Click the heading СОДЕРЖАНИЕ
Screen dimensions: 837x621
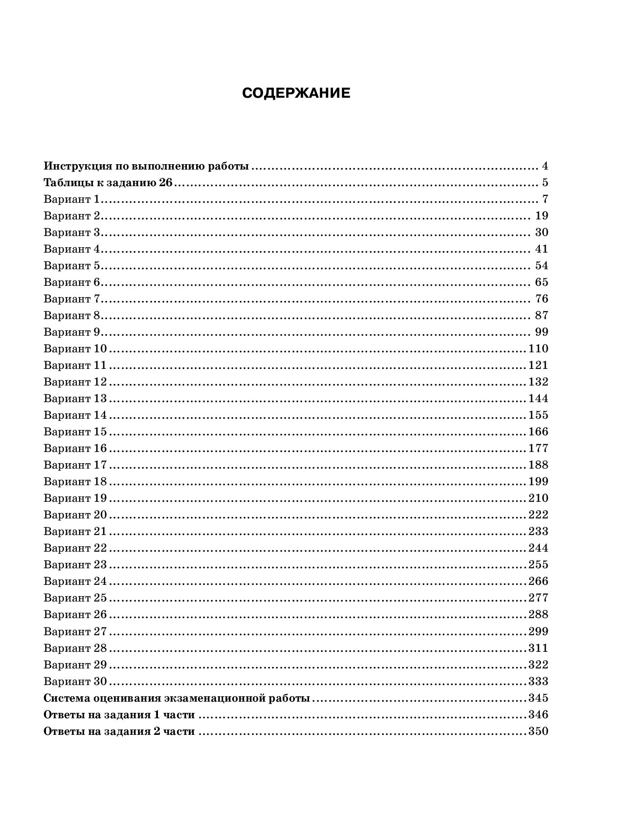coord(296,93)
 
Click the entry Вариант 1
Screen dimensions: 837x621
coord(71,199)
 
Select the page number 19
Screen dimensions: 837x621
coord(542,216)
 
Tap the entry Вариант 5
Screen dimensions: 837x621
coord(71,266)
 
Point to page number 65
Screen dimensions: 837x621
coord(542,282)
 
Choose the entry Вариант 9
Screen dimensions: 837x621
coord(71,332)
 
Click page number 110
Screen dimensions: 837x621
coord(538,349)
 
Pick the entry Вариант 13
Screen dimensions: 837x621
coord(75,399)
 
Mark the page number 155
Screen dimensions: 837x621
coord(538,415)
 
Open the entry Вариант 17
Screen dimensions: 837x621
coord(75,465)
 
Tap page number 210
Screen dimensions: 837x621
coord(538,498)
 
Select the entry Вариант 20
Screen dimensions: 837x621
coord(75,515)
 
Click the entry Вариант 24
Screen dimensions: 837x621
coord(75,581)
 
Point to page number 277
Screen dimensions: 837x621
coord(538,598)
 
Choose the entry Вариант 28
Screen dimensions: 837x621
coord(75,648)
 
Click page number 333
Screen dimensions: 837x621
coord(538,682)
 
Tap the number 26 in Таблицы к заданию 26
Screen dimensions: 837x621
coord(166,183)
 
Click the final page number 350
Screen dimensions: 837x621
coord(538,732)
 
